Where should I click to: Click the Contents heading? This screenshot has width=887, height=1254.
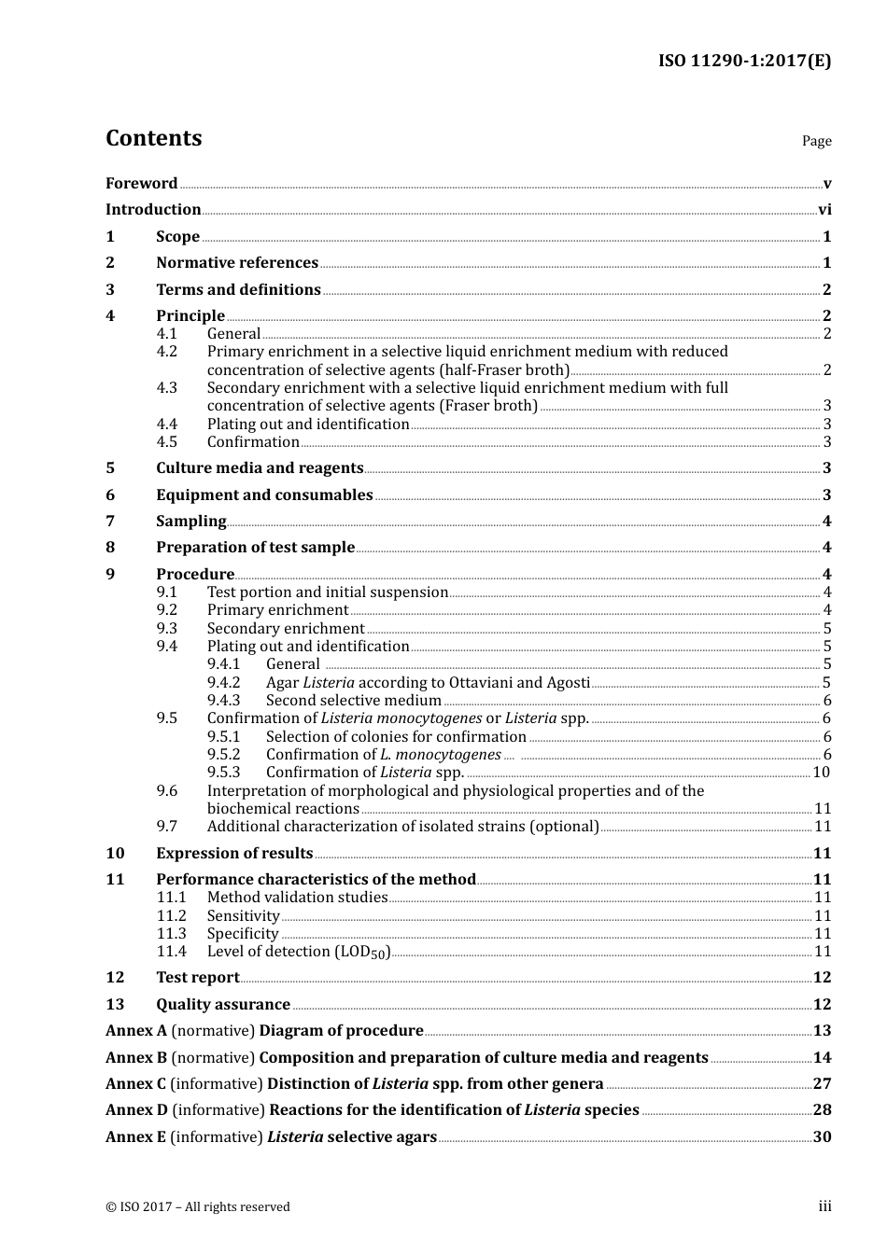(x=153, y=138)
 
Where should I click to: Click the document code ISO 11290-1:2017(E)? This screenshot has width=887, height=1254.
(x=744, y=62)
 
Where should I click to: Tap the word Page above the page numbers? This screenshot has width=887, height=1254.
(x=816, y=141)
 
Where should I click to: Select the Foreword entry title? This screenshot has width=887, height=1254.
(x=141, y=184)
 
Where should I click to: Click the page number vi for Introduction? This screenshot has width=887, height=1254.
(x=824, y=210)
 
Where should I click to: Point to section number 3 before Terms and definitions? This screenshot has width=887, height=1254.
(x=110, y=290)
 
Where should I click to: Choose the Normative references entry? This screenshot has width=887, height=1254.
(x=237, y=263)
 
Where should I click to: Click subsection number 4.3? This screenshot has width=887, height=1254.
(x=166, y=388)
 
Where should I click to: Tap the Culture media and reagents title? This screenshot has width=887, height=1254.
(x=260, y=468)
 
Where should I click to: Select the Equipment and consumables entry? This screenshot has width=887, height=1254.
(x=264, y=495)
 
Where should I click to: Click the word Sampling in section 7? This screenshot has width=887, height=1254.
(x=191, y=522)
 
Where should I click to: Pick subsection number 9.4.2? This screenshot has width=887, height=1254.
(x=223, y=683)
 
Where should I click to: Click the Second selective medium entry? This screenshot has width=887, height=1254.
(x=353, y=701)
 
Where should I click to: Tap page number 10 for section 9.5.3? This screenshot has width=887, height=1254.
(x=821, y=773)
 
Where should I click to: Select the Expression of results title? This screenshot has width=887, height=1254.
(x=234, y=854)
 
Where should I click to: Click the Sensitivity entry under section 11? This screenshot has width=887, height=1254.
(x=243, y=916)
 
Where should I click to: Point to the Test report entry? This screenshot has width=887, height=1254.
(x=198, y=978)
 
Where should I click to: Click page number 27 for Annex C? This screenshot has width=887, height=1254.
(x=822, y=1084)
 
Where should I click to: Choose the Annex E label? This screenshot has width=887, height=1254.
(x=136, y=1137)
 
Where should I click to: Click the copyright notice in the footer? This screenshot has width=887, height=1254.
(x=198, y=1207)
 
